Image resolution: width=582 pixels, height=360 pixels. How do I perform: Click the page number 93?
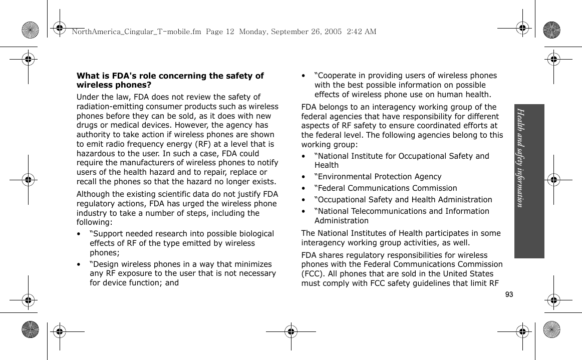tap(509, 294)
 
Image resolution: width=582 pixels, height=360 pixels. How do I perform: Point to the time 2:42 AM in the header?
tap(361, 32)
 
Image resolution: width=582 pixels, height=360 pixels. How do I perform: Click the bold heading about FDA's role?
tap(170, 80)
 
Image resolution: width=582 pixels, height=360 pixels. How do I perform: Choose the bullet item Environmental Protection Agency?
tap(378, 177)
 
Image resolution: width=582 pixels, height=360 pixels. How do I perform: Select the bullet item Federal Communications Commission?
tap(386, 188)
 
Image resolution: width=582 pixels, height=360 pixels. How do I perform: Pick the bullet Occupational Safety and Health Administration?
tap(403, 200)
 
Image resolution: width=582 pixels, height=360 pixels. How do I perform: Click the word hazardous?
tap(96, 153)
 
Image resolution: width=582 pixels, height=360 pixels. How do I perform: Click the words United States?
tap(470, 274)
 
